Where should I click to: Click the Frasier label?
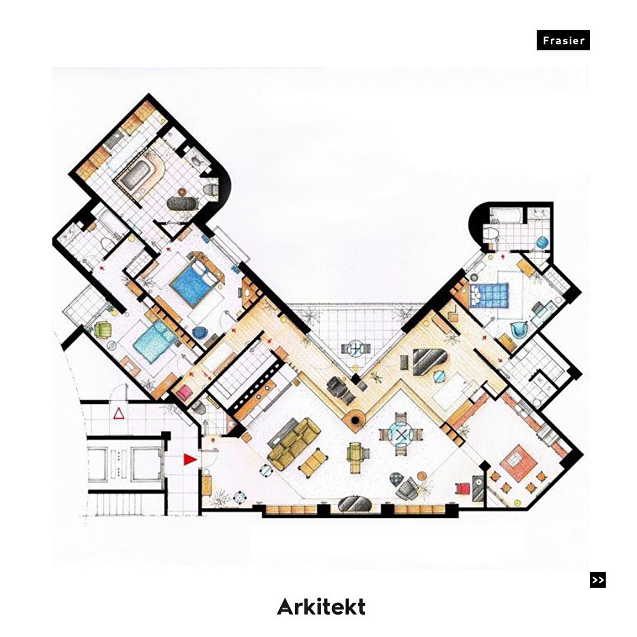(563, 40)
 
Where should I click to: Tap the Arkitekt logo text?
(321, 606)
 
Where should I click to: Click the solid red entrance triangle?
(190, 459)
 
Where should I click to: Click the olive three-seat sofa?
(294, 444)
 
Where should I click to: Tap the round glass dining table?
(401, 434)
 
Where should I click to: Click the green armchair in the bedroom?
(103, 330)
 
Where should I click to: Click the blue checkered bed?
(489, 295)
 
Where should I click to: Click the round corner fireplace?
(355, 420)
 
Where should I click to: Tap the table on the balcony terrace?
(356, 348)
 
